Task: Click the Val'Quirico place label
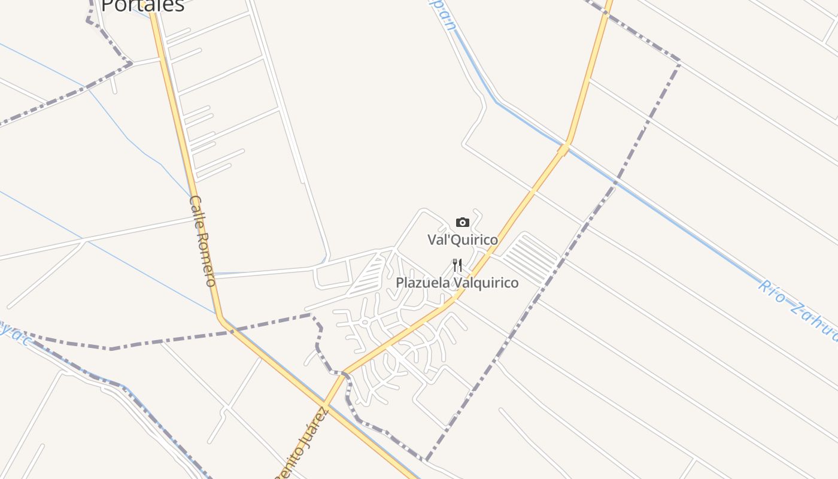(x=462, y=240)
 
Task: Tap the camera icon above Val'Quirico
(x=462, y=223)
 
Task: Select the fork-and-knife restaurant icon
(x=457, y=265)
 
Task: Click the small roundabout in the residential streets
(x=364, y=322)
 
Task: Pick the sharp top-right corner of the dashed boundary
(x=679, y=61)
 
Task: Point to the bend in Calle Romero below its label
(x=220, y=317)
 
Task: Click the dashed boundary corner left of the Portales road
(x=130, y=62)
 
